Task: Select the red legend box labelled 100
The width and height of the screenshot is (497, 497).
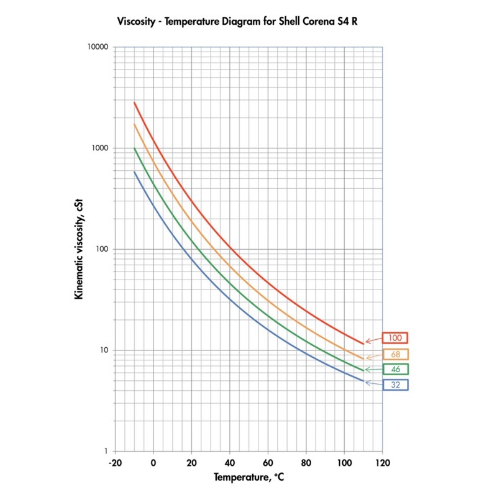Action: tap(395, 338)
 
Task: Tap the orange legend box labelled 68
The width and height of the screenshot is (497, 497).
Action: tap(395, 354)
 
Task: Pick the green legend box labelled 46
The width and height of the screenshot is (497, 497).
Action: tap(395, 370)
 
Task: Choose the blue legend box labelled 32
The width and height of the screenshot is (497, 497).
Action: tap(395, 385)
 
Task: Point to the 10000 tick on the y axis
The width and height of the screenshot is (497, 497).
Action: tap(98, 47)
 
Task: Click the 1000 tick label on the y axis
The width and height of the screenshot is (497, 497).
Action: tap(101, 148)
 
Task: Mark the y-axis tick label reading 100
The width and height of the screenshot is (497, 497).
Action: tap(103, 249)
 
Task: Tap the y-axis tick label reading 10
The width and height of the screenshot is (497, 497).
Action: tap(104, 350)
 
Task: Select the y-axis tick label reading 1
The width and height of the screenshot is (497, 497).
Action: tap(106, 452)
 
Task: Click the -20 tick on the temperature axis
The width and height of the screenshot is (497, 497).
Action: tap(114, 463)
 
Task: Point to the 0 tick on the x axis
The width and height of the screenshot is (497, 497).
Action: tap(153, 463)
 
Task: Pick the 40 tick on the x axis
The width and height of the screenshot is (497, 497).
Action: tap(229, 463)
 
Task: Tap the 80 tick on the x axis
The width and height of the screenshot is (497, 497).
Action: tap(306, 463)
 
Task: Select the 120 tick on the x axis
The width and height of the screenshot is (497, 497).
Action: tap(381, 463)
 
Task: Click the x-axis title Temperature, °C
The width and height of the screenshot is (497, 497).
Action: tap(248, 478)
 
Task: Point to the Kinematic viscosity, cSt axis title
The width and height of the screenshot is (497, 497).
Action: tap(79, 249)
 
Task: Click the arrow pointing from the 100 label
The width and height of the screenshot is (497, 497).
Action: tap(373, 340)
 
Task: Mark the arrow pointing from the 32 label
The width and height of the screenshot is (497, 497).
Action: tap(373, 383)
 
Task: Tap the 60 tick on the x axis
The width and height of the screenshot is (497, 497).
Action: tap(267, 463)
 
